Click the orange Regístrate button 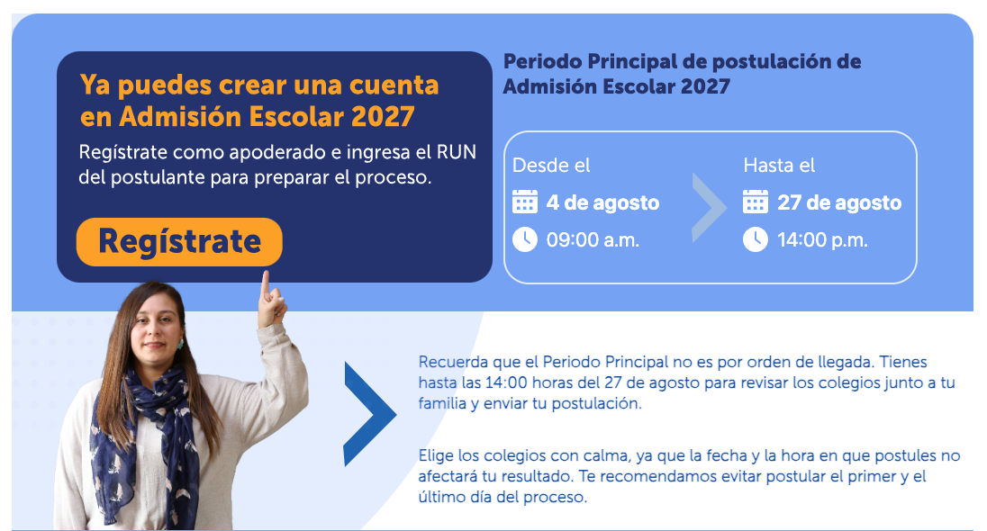179,241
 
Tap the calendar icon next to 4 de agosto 525,202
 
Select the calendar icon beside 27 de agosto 756,202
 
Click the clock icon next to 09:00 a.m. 525,239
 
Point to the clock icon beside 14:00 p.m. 756,239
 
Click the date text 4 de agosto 603,202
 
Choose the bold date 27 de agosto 839,202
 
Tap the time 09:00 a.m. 593,239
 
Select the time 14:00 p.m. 823,239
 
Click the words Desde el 551,166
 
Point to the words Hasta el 779,166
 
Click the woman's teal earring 180,345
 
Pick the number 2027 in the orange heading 383,116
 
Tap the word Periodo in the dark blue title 543,62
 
